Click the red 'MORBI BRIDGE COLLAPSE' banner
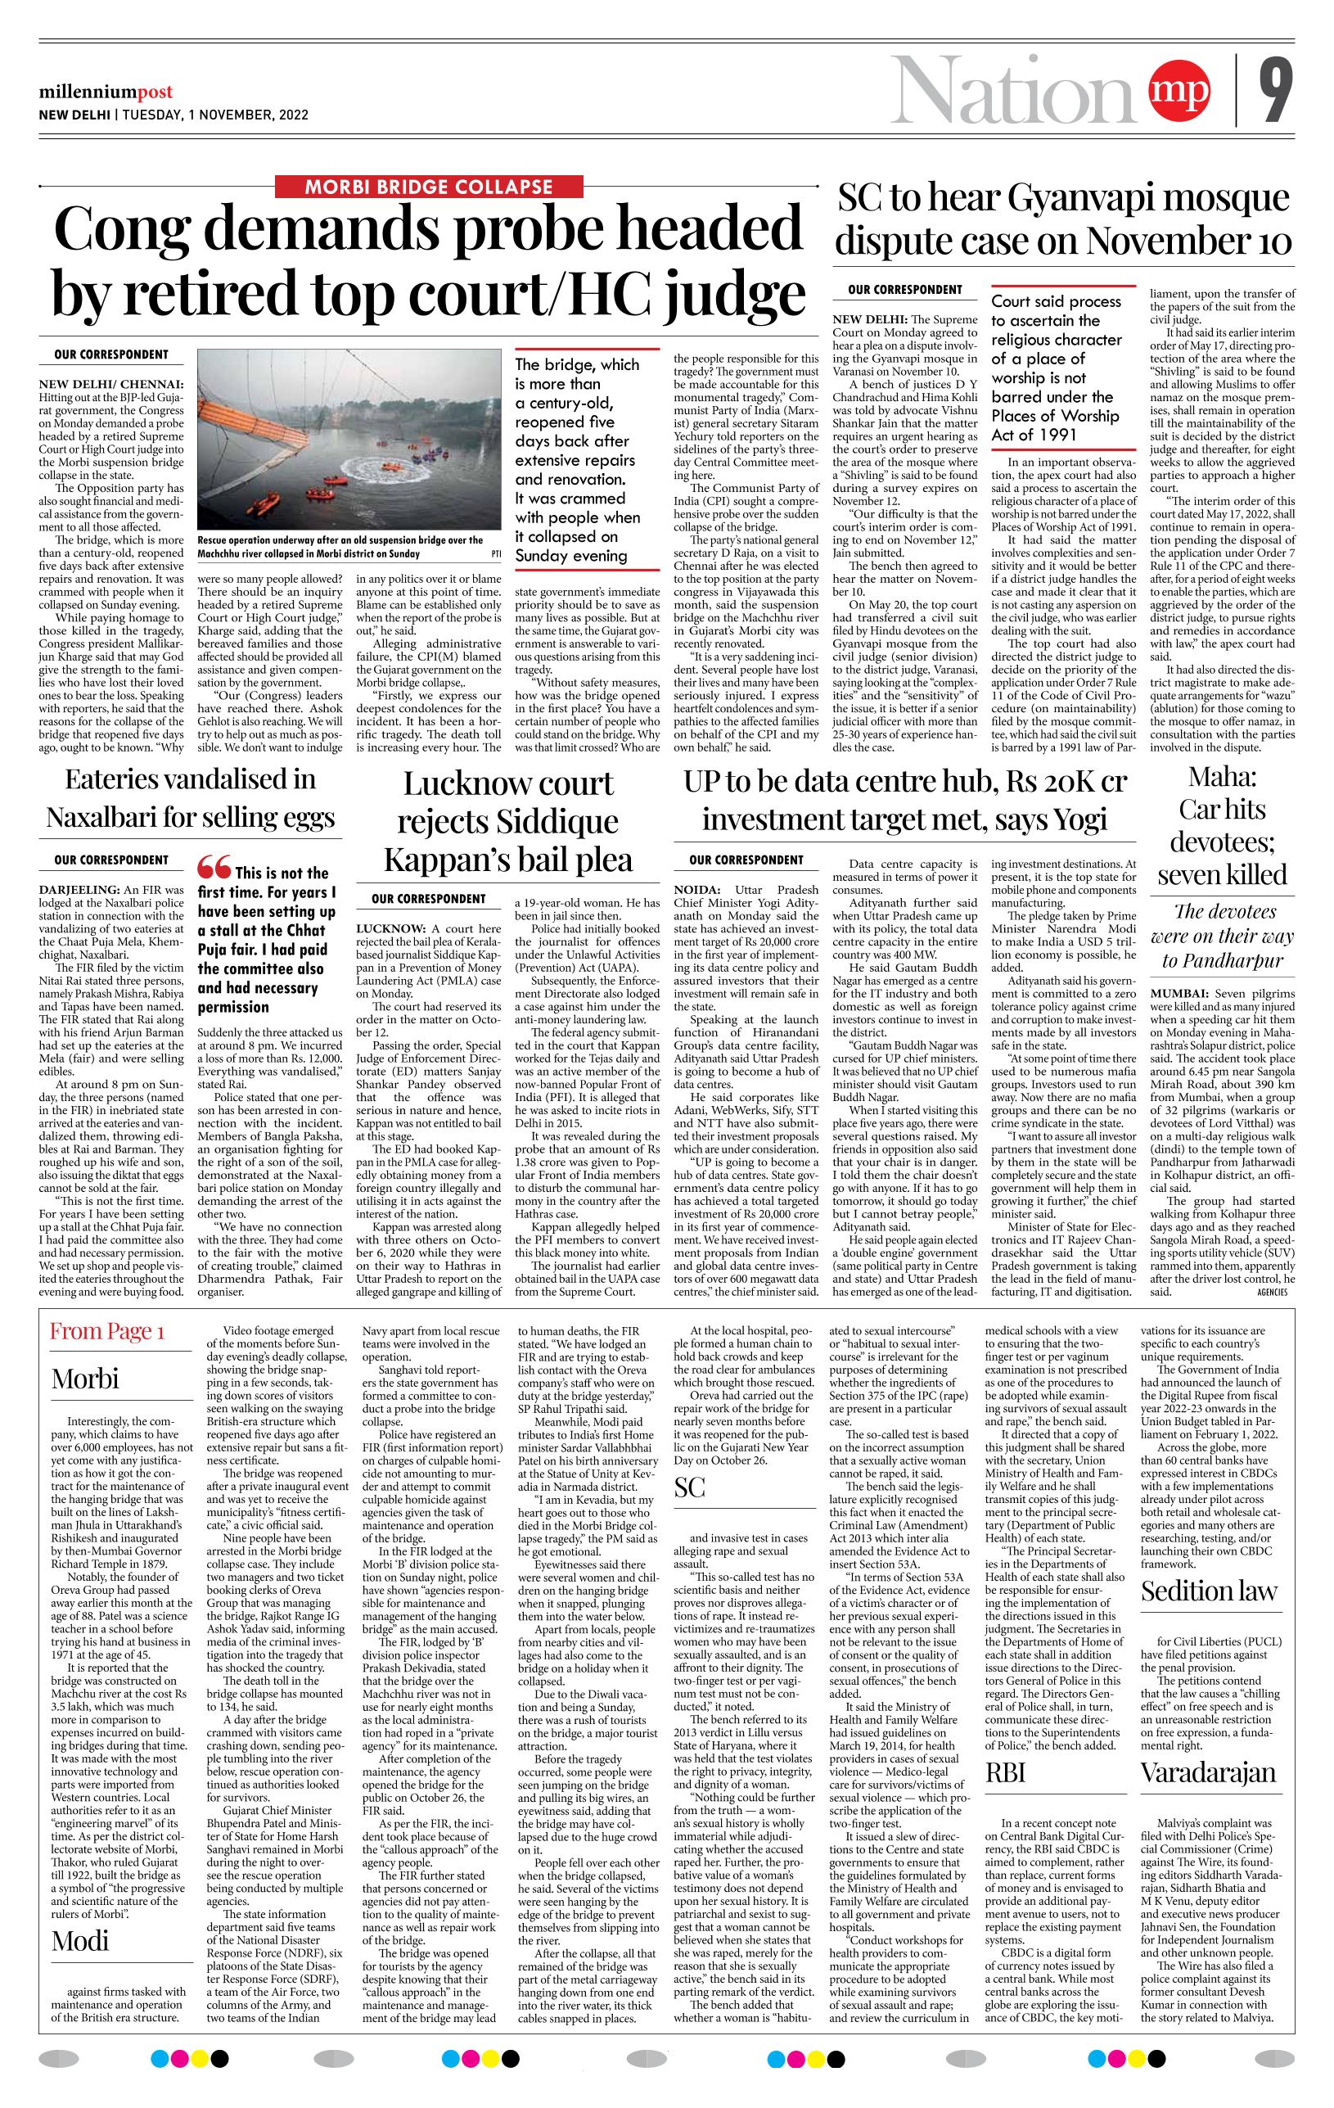(428, 187)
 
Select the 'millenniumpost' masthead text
(105, 92)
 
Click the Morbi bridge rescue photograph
(350, 438)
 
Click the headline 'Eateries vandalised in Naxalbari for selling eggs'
(190, 797)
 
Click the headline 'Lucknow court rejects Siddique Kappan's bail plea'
(507, 821)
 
